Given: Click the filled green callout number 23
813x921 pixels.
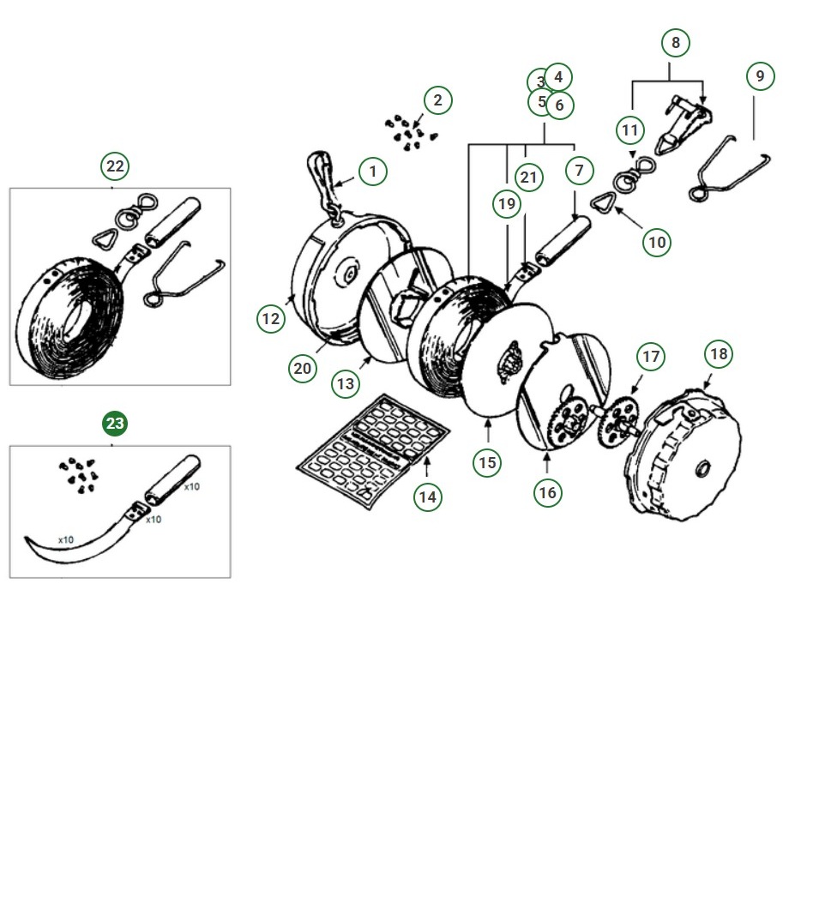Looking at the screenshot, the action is (115, 424).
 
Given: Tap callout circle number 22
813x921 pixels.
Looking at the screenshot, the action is (115, 166).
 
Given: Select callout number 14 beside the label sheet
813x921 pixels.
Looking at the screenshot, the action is (427, 497).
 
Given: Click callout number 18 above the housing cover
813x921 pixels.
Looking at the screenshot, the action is (719, 353).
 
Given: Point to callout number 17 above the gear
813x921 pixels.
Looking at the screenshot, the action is (651, 357).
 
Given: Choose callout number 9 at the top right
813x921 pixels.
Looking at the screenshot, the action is (760, 76).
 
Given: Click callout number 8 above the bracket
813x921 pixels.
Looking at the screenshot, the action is (676, 43).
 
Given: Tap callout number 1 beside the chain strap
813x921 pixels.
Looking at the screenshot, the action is (372, 172).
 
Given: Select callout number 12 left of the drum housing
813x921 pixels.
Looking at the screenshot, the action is (271, 319).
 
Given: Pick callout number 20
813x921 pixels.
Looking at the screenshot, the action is (303, 368).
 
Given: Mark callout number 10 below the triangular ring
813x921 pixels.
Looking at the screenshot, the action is (657, 242).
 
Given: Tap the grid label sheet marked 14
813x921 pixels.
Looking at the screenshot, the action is (372, 451).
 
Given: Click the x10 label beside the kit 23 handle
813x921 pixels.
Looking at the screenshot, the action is (192, 486).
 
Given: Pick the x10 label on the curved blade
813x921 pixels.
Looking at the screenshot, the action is (66, 539).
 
